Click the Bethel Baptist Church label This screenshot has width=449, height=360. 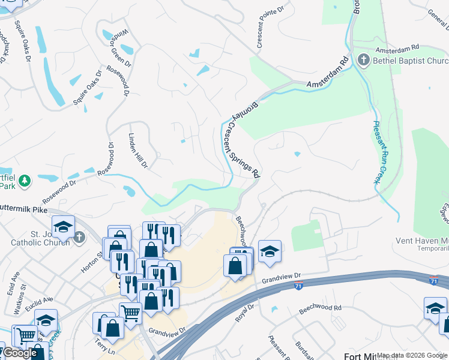(x=410, y=61)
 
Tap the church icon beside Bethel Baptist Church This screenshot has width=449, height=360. (x=363, y=60)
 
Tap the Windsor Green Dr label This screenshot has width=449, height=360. (x=120, y=47)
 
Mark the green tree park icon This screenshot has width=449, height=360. (x=24, y=181)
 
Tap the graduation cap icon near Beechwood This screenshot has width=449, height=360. (x=270, y=251)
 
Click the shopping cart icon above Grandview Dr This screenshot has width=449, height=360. (x=130, y=311)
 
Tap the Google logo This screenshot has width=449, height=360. (x=19, y=353)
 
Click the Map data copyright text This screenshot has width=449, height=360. (x=412, y=356)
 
